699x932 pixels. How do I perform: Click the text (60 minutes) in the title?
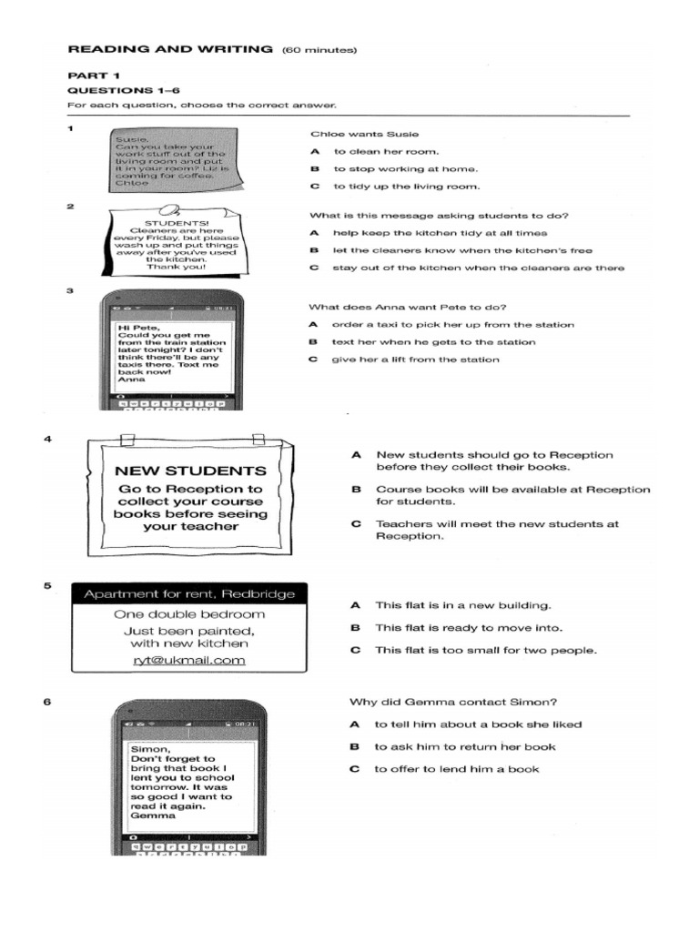[x=319, y=49]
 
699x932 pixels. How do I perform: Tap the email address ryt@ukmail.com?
[x=189, y=661]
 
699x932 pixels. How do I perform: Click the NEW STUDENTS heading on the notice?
[x=190, y=471]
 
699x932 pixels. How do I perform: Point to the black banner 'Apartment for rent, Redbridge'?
[x=189, y=594]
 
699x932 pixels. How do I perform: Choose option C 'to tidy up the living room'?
[x=406, y=187]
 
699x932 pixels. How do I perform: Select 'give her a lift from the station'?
[x=415, y=360]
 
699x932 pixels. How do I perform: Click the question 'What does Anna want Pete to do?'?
[x=408, y=307]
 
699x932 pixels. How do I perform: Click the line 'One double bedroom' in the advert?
[x=189, y=614]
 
